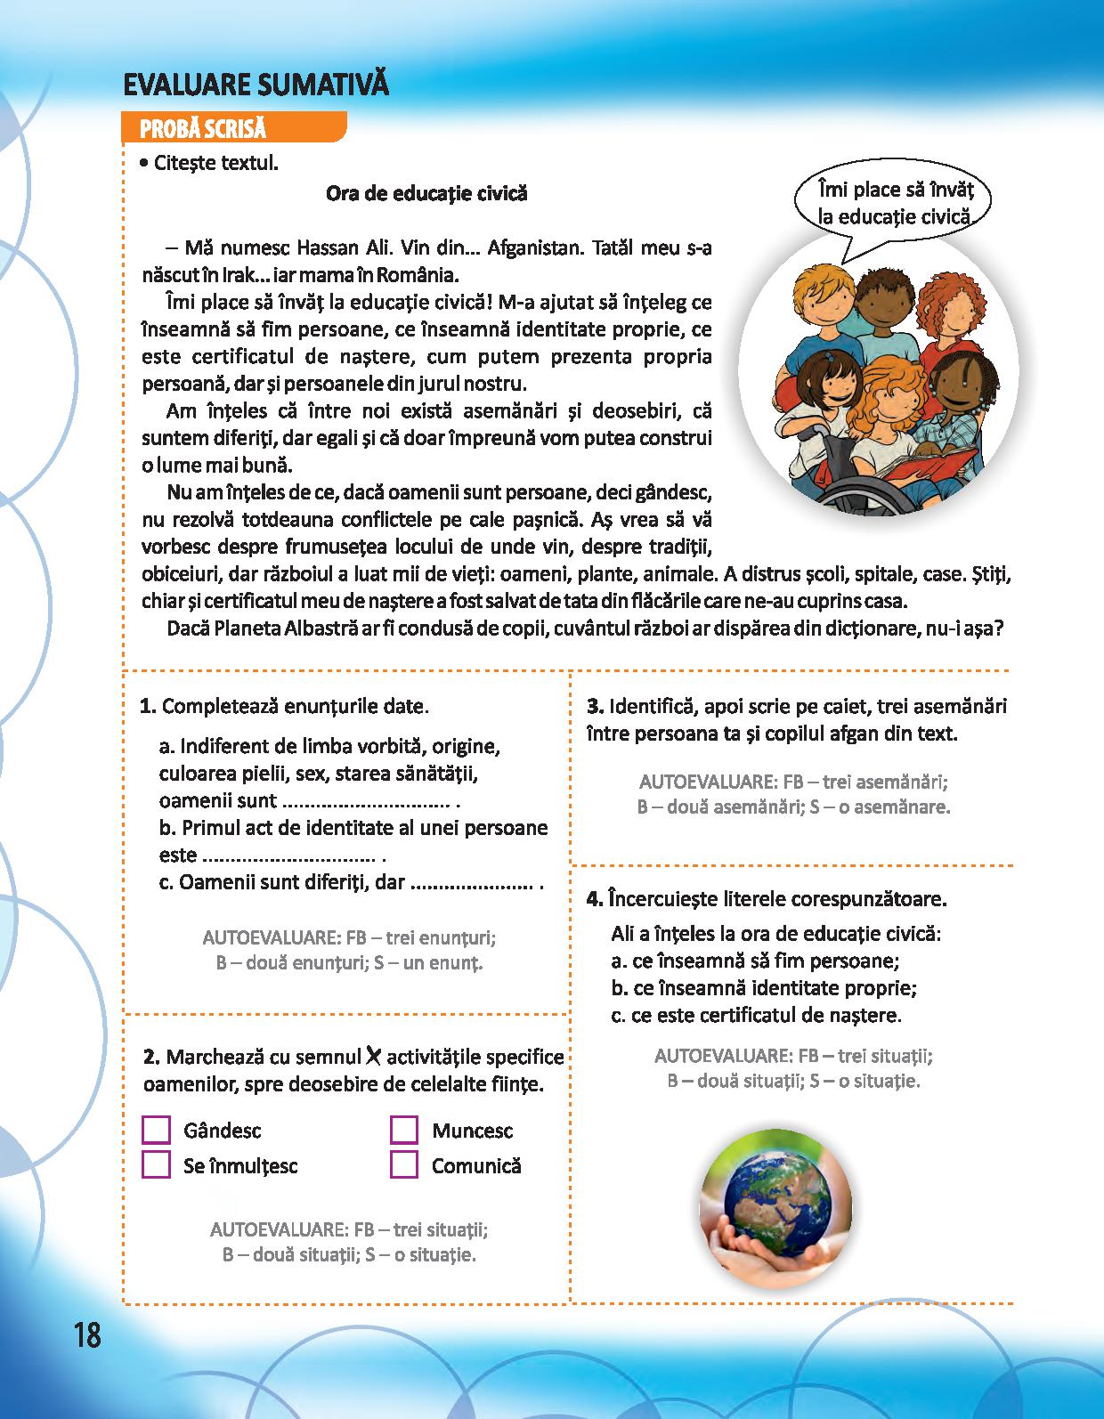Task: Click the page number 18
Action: [x=88, y=1334]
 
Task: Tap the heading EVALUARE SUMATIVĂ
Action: [x=256, y=85]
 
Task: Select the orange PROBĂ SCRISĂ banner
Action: [x=233, y=128]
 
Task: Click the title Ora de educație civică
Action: [x=426, y=193]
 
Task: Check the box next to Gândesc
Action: [x=156, y=1130]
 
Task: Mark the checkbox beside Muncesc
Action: [x=404, y=1130]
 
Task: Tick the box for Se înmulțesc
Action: [x=156, y=1164]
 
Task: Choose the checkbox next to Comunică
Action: [x=404, y=1164]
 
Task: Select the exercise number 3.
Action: [x=595, y=707]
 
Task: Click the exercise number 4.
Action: [x=595, y=898]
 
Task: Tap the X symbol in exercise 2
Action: [x=373, y=1056]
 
